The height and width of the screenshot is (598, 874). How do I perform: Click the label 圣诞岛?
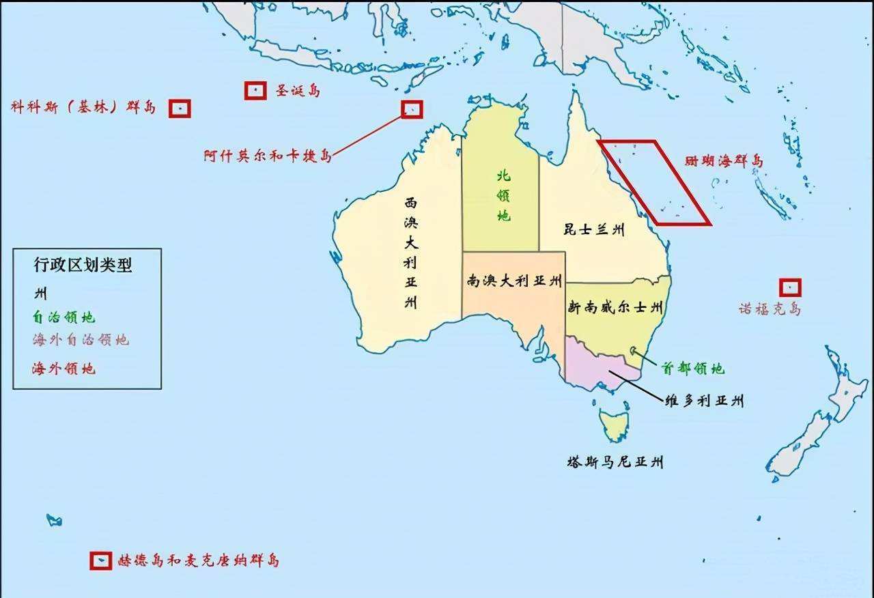(298, 90)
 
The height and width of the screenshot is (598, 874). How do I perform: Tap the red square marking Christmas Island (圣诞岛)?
(255, 89)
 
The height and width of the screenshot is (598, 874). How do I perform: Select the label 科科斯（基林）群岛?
(83, 107)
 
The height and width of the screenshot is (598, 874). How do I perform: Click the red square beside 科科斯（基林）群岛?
(180, 108)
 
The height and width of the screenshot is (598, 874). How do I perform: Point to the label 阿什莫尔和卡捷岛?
(268, 156)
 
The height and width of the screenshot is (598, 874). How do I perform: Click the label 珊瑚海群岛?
(724, 161)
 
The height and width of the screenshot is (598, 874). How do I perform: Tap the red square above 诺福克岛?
(790, 287)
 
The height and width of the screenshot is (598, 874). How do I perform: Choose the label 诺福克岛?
(770, 309)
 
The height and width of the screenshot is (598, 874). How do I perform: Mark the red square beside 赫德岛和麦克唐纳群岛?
(100, 560)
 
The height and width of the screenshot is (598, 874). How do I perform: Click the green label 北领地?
(503, 195)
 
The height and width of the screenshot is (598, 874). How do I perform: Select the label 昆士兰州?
(593, 229)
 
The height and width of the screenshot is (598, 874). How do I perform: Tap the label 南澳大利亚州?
(514, 281)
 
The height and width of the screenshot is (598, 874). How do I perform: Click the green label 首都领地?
(692, 369)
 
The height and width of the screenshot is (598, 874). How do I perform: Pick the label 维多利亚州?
(704, 401)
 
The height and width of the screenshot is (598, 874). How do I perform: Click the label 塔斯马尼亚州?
(615, 462)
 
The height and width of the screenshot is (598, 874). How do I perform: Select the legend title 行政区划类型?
(83, 266)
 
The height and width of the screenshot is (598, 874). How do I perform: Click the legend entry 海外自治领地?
(80, 339)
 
